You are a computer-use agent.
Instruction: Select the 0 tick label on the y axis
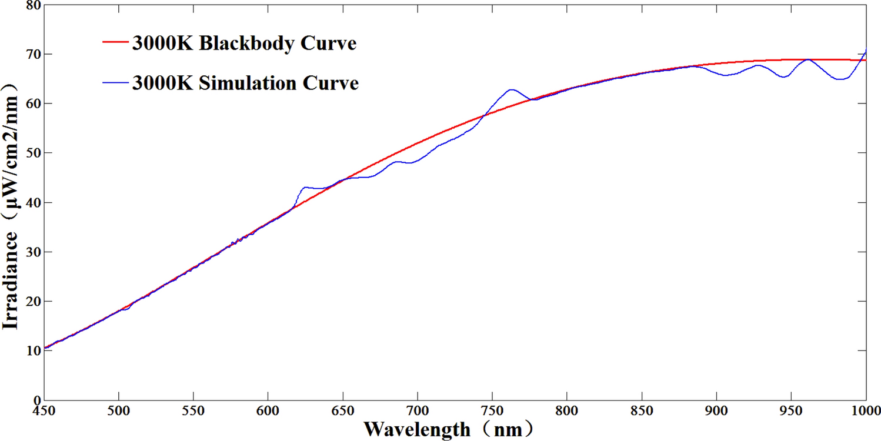[36, 400]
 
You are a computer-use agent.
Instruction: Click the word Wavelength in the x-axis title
[417, 429]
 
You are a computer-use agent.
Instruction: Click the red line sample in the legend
[115, 43]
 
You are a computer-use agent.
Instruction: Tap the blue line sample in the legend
[115, 83]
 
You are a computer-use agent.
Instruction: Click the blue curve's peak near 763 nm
[511, 90]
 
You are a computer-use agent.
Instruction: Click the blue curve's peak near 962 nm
[808, 59]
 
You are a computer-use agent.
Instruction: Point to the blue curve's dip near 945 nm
[783, 77]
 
